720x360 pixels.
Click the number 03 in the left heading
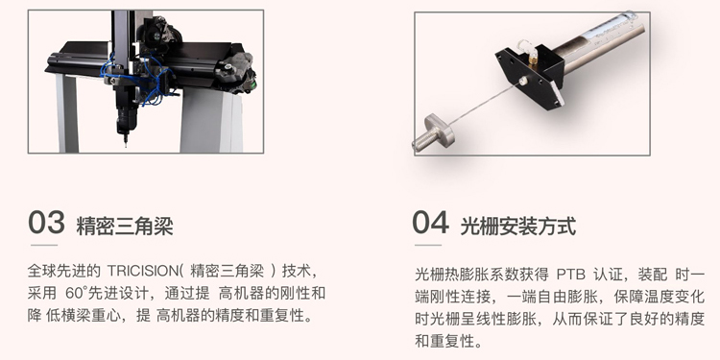click(46, 223)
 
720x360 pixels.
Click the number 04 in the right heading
click(430, 223)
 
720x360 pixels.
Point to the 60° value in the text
click(76, 294)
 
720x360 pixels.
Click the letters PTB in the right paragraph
click(571, 276)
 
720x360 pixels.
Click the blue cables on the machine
click(137, 79)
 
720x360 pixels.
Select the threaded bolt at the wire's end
click(433, 132)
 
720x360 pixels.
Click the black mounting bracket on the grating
click(529, 76)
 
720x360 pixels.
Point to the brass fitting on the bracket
click(532, 59)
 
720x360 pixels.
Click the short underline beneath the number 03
click(44, 245)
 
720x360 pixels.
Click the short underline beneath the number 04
click(428, 245)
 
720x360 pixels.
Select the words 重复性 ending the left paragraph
click(281, 316)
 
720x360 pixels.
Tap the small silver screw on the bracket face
click(522, 82)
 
